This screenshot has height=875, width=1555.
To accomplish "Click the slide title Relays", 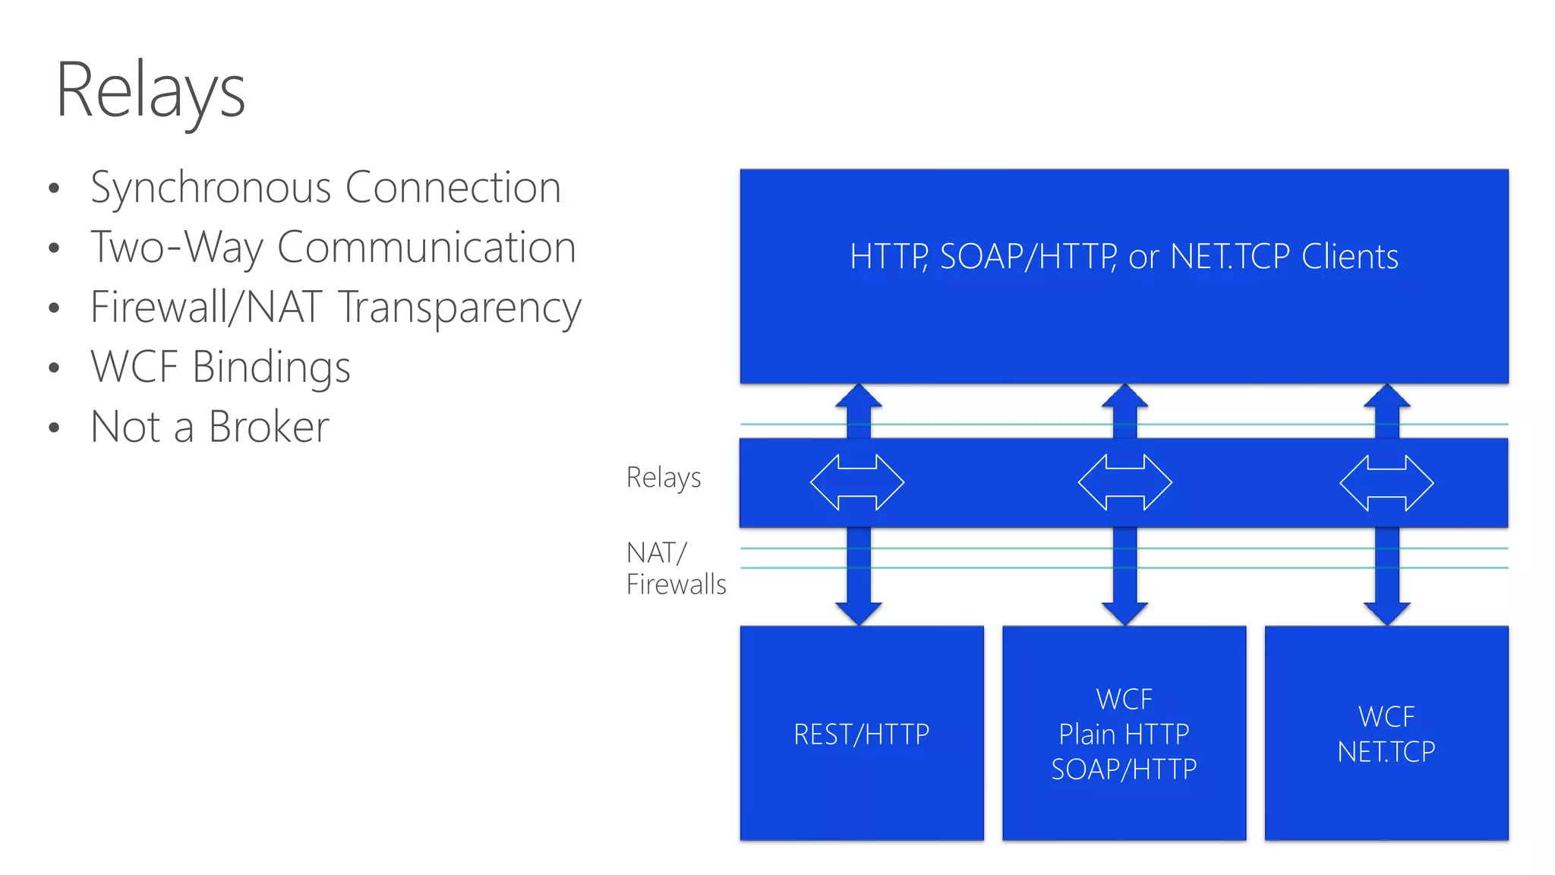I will [x=150, y=91].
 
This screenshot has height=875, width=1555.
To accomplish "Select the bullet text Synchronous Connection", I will [x=325, y=188].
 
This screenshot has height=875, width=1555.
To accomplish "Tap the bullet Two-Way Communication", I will [x=333, y=248].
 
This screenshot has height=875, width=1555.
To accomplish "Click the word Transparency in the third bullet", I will [x=459, y=308].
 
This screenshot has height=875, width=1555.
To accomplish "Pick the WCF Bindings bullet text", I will [x=220, y=367].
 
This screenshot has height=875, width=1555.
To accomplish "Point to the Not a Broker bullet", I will [x=210, y=427].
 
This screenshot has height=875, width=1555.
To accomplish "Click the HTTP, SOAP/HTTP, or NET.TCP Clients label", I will [x=1124, y=257].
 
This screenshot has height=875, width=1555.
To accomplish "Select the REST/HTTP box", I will [x=862, y=734].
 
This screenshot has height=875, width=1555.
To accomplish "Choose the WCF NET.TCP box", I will [x=1386, y=734].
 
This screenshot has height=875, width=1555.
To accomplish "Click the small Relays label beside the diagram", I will [x=664, y=478].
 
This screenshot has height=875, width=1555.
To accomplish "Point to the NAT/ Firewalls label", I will [x=675, y=568].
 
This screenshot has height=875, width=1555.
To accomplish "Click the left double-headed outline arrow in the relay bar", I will [x=857, y=482].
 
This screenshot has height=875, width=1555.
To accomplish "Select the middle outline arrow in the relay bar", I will [x=1124, y=482].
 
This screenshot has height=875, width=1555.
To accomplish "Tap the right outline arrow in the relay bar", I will [x=1386, y=482].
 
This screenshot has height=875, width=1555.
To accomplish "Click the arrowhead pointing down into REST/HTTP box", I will [x=859, y=613].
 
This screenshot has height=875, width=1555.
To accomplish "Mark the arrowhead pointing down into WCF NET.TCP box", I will [x=1386, y=613].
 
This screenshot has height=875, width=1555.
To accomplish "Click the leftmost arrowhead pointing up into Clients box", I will [x=859, y=396].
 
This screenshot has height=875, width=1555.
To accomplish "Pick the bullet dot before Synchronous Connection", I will [x=54, y=189].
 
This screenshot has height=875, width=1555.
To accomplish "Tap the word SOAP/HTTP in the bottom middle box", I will [x=1124, y=769].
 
